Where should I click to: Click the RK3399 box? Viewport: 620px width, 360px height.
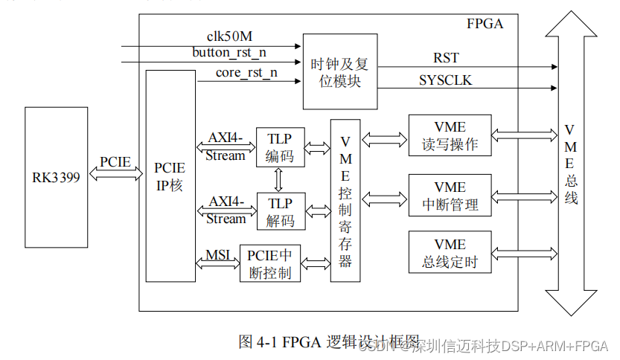56,177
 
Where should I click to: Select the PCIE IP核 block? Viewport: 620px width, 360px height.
170,176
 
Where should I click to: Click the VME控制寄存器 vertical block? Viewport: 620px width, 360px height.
345,201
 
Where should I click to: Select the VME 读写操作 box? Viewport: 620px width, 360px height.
450,135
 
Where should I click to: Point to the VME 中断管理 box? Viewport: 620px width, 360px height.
450,196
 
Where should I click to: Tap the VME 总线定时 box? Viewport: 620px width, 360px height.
450,252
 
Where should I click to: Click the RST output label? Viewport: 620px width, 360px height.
446,58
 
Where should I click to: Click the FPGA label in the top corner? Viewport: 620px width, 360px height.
485,23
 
